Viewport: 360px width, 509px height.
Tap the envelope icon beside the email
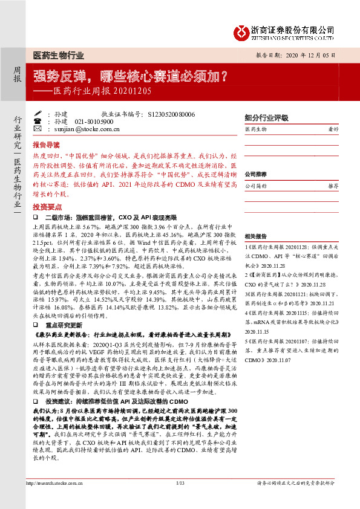click(x=38, y=129)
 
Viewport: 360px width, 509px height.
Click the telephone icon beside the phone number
click(x=38, y=121)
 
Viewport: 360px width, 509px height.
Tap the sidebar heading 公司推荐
click(x=256, y=174)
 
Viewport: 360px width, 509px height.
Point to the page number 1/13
click(x=180, y=499)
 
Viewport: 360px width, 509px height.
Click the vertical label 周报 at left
click(x=17, y=74)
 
